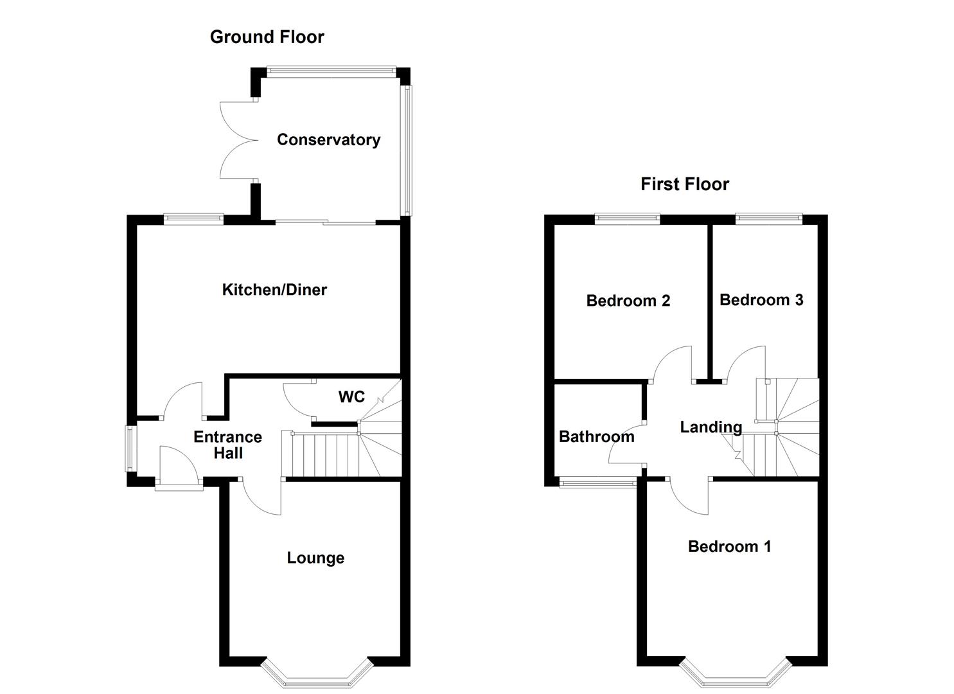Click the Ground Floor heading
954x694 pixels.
[x=267, y=37]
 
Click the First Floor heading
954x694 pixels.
[x=684, y=184]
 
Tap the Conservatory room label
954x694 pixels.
[x=328, y=140]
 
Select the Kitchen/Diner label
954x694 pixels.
[x=274, y=290]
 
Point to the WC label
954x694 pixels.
[x=351, y=397]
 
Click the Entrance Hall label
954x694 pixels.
[x=227, y=445]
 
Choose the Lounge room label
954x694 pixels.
[x=315, y=558]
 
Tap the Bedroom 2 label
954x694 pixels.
[x=628, y=301]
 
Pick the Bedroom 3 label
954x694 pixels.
[x=761, y=300]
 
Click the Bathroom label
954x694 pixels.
[x=596, y=437]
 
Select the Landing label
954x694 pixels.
[x=711, y=427]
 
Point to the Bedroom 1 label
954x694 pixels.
[x=729, y=547]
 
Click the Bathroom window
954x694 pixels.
[x=597, y=483]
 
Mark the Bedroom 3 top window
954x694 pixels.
[x=768, y=219]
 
